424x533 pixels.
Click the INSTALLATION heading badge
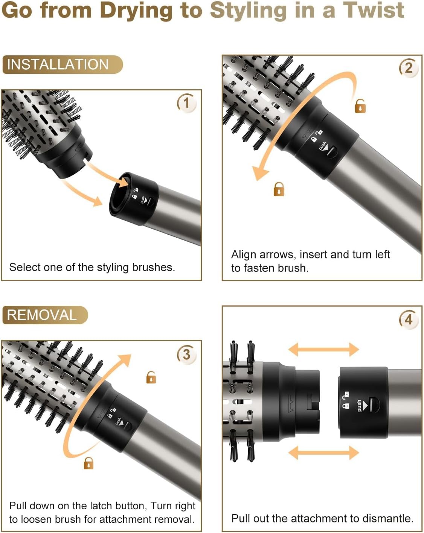(x=62, y=64)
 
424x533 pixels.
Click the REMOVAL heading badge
(x=45, y=315)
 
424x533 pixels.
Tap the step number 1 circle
(x=186, y=103)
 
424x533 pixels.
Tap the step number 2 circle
(x=409, y=68)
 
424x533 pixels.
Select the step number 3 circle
(x=186, y=354)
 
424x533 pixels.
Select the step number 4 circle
(x=409, y=320)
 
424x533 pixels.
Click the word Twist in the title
(x=373, y=10)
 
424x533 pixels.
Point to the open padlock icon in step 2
(x=360, y=106)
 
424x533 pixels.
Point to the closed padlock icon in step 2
(x=279, y=189)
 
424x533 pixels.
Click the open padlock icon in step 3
(x=151, y=377)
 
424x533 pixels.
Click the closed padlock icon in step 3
(x=88, y=463)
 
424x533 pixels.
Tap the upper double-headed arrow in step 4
(x=323, y=349)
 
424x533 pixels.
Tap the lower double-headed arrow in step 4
(x=323, y=452)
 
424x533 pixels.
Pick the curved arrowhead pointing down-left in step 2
(x=259, y=173)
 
